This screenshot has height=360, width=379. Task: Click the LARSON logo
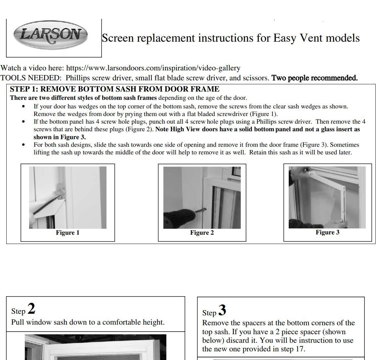[x=50, y=34]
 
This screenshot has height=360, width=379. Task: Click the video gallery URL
[x=153, y=68]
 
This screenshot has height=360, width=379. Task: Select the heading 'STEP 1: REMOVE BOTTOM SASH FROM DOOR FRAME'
[x=114, y=89]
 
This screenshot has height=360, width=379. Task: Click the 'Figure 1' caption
[x=67, y=233]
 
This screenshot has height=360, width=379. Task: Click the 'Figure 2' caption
[x=202, y=233]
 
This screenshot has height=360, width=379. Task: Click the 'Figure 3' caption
[x=327, y=232]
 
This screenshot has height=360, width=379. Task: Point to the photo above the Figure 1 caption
[x=67, y=197]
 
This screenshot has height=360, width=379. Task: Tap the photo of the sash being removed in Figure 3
[x=327, y=197]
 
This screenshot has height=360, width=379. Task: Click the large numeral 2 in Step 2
[x=31, y=308]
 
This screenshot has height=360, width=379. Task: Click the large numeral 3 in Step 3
[x=222, y=310]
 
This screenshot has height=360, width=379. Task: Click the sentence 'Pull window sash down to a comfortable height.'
[x=88, y=322]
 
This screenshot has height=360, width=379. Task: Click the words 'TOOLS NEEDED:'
[x=31, y=78]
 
